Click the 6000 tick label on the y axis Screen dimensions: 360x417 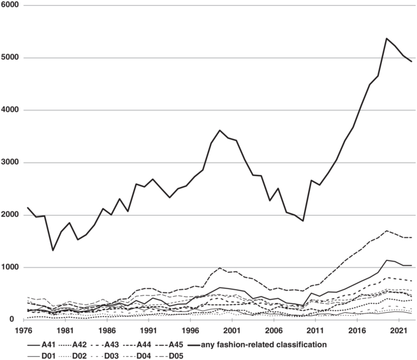coord(11,5)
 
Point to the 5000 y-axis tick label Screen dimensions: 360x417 coord(11,58)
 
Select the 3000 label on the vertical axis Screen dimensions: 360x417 coord(11,163)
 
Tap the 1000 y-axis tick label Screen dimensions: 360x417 coord(11,267)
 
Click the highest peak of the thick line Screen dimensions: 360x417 coord(386,38)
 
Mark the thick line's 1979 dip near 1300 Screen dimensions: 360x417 coord(53,250)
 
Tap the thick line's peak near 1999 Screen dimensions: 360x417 coord(220,130)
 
